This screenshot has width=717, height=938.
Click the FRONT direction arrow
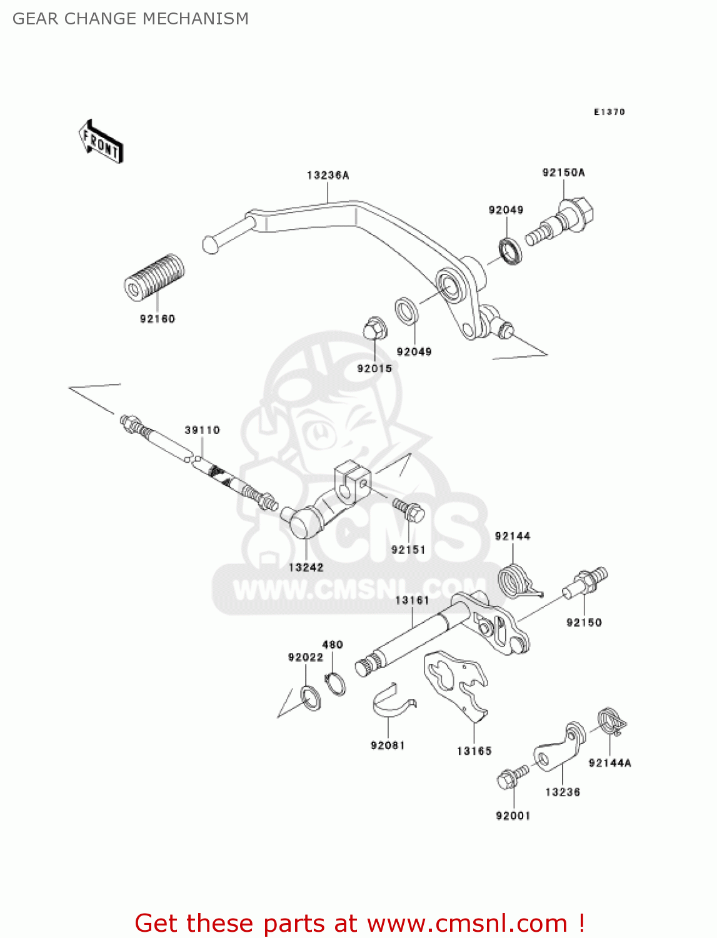[x=101, y=142]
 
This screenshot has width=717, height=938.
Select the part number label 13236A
[x=328, y=176]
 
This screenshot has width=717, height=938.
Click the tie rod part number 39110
[x=202, y=430]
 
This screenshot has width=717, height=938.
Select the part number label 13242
[x=306, y=568]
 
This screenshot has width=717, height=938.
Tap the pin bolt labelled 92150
[x=585, y=583]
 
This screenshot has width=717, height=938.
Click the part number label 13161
[x=412, y=600]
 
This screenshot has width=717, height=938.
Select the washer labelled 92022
[x=310, y=698]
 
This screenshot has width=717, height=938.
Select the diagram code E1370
[x=609, y=112]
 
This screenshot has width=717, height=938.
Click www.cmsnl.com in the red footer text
[x=466, y=924]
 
